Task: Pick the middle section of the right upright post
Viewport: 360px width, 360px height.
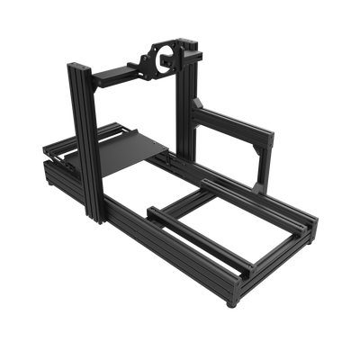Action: click(192, 108)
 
